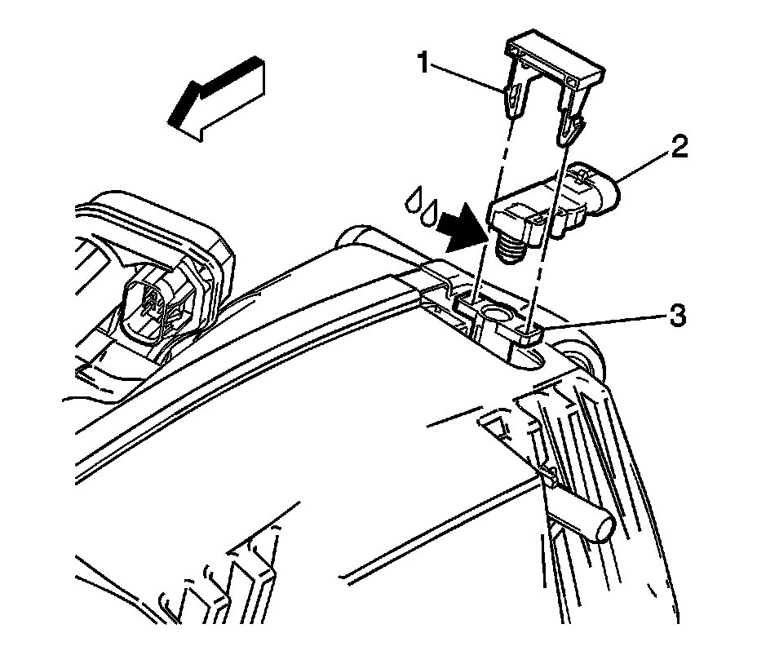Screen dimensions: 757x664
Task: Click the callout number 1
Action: tap(424, 64)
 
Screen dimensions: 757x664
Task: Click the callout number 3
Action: tap(677, 317)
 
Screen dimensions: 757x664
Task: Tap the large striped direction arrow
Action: tap(216, 99)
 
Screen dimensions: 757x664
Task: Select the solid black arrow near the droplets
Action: tap(462, 228)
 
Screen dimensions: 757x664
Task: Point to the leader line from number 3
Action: tap(605, 322)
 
